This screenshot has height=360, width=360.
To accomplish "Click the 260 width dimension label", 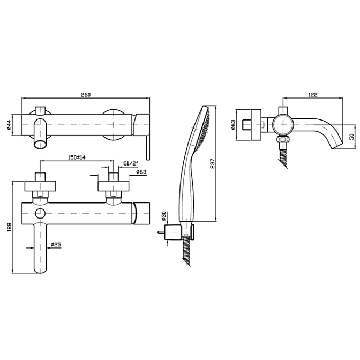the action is (x=86, y=95).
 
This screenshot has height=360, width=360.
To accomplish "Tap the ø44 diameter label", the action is (x=9, y=125).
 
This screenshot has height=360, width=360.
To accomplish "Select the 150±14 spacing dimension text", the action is (x=77, y=157).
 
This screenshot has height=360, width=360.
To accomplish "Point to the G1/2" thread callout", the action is (x=131, y=164).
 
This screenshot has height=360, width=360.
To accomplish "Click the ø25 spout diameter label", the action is (x=56, y=245).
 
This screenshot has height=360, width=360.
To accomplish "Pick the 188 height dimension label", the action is (x=9, y=227).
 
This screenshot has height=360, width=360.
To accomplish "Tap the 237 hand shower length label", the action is (x=212, y=163).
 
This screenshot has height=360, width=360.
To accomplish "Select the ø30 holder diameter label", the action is (x=164, y=216).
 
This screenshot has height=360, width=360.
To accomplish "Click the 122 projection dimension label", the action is (x=312, y=95).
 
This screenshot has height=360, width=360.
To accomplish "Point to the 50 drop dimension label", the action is (x=351, y=137).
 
